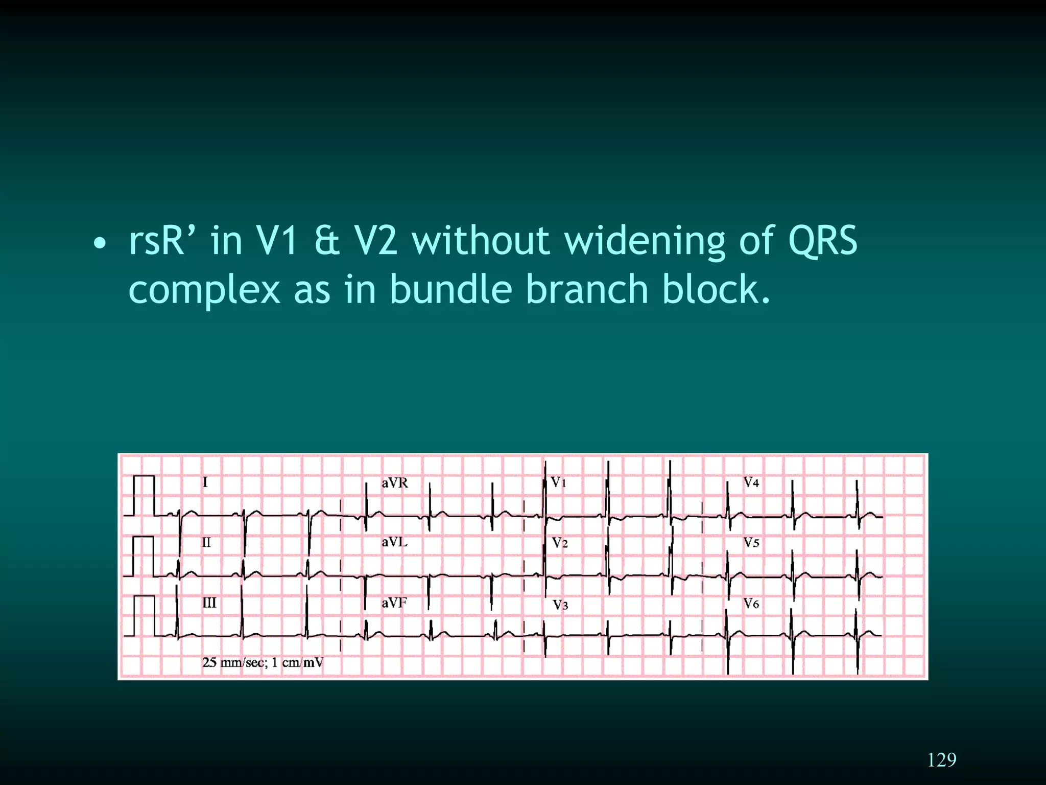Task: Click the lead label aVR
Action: point(395,483)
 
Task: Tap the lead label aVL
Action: point(394,542)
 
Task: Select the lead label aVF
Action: point(394,603)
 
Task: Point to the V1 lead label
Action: point(558,482)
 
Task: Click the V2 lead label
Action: point(560,543)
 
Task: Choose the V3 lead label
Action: point(560,605)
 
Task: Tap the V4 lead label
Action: point(751,482)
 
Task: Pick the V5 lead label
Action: point(751,543)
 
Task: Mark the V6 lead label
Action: point(751,604)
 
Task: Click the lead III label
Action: point(209,603)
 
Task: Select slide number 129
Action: point(941,760)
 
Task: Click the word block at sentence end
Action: point(715,289)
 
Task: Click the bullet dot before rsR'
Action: point(100,244)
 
